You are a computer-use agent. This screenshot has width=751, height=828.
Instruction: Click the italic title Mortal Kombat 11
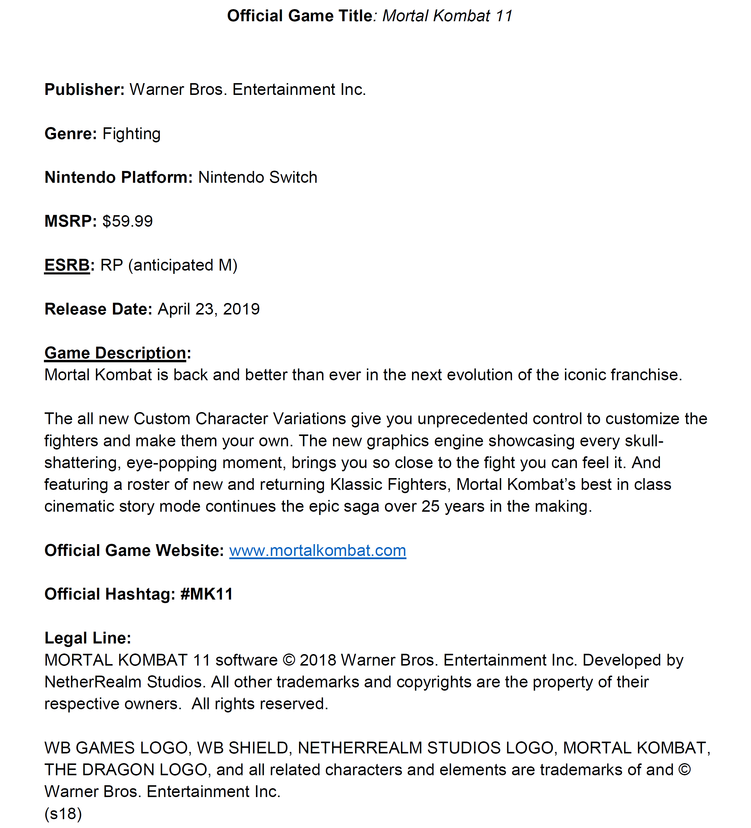click(x=447, y=16)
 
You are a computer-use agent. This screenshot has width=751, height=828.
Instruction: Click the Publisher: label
click(x=84, y=90)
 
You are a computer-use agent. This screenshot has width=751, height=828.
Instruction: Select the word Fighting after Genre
click(x=131, y=134)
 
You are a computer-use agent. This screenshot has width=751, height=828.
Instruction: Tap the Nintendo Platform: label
click(x=118, y=177)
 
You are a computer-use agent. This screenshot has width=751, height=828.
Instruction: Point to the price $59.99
click(x=127, y=221)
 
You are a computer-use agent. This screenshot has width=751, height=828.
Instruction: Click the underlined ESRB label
click(x=67, y=265)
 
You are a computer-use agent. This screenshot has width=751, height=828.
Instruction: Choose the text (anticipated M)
click(x=183, y=265)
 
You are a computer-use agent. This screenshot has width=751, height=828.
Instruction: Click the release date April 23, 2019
click(x=209, y=309)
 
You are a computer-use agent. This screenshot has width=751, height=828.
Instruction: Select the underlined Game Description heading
click(x=115, y=353)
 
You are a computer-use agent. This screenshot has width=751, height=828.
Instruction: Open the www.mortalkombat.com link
click(x=317, y=551)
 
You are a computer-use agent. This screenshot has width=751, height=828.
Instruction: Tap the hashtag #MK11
click(x=207, y=594)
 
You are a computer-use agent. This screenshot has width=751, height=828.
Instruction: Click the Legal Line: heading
click(x=88, y=638)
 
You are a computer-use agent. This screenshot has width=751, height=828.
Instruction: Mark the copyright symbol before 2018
click(x=289, y=661)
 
